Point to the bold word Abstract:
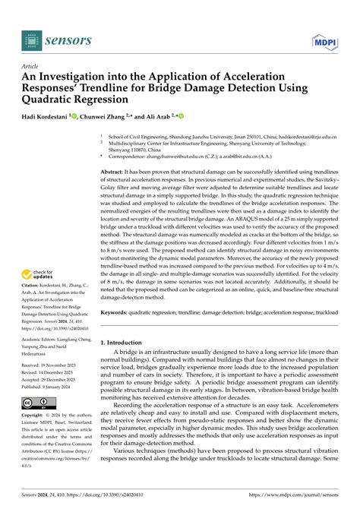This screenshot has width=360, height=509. pyautogui.click(x=115, y=172)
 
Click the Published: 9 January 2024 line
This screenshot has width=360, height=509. pyautogui.click(x=55, y=386)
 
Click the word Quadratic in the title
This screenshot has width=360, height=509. pyautogui.click(x=59, y=99)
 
